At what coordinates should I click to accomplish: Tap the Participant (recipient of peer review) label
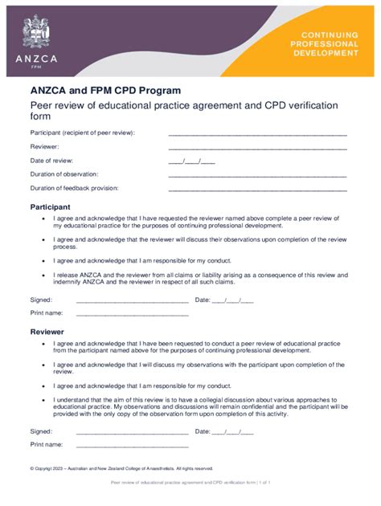[x=83, y=133]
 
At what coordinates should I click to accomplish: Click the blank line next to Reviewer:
[x=257, y=148]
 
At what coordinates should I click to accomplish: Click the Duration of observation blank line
[x=257, y=175]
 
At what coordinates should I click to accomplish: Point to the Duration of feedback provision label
[x=74, y=188]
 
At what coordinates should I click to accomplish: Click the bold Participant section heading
[x=51, y=206]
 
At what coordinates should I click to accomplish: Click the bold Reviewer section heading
[x=47, y=331]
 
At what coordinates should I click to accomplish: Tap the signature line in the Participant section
[x=132, y=301]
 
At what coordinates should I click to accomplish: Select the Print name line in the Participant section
[x=132, y=313]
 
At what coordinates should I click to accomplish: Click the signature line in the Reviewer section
[x=132, y=431]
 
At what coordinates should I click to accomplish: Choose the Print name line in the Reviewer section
[x=132, y=444]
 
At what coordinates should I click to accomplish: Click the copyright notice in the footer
[x=121, y=468]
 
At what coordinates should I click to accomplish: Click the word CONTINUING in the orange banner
[x=330, y=35]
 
